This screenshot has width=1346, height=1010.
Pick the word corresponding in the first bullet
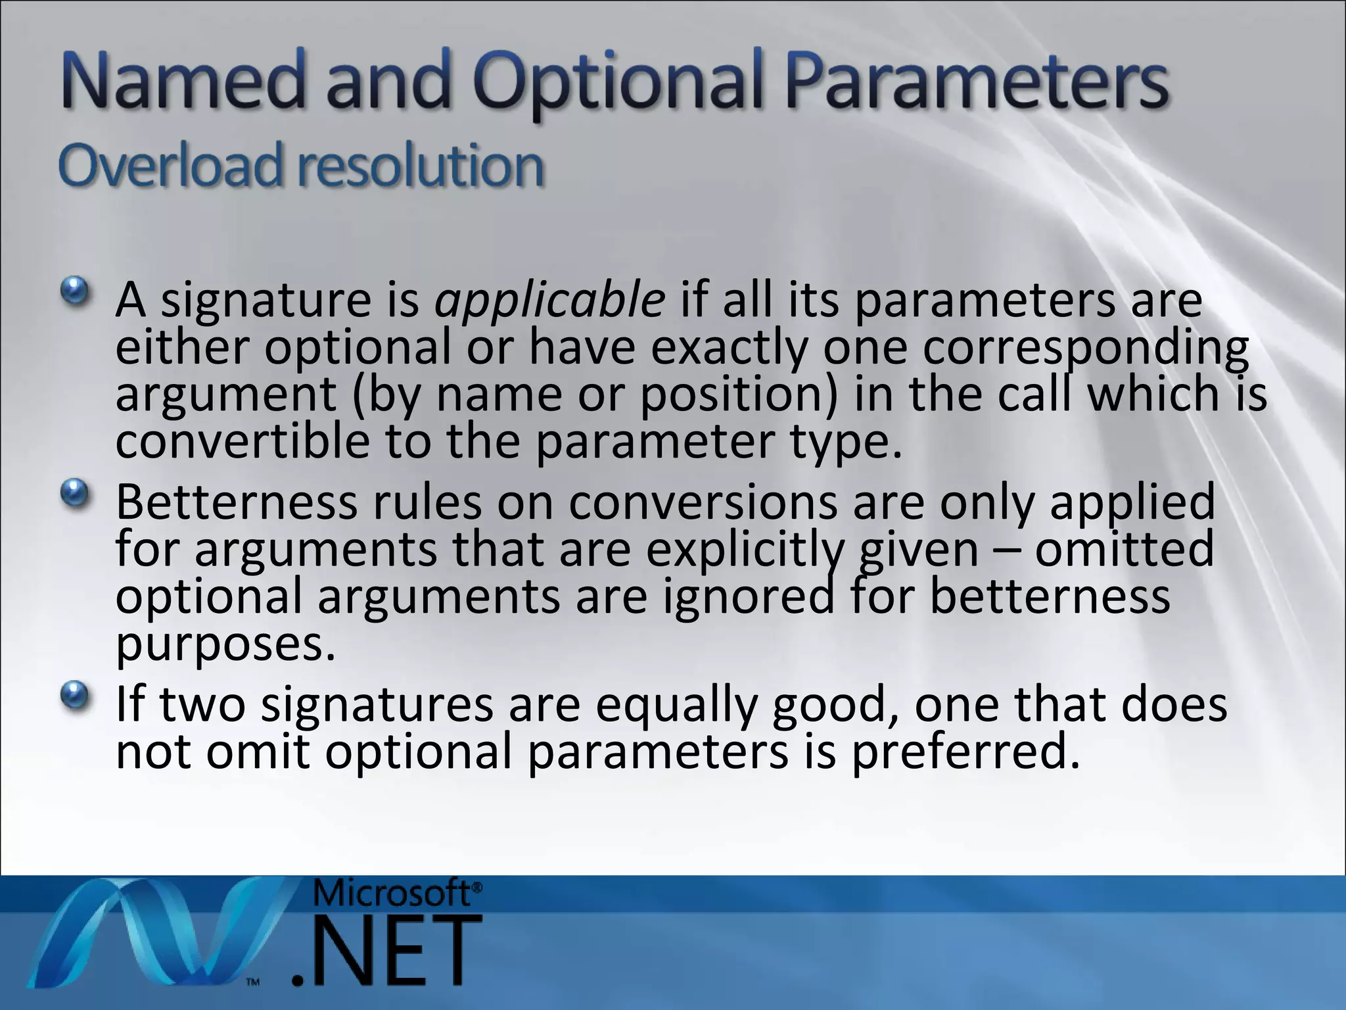[1085, 349]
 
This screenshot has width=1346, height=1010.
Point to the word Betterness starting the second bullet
[236, 502]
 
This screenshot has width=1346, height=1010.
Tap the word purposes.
[225, 644]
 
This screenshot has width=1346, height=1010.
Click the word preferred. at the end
[966, 751]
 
